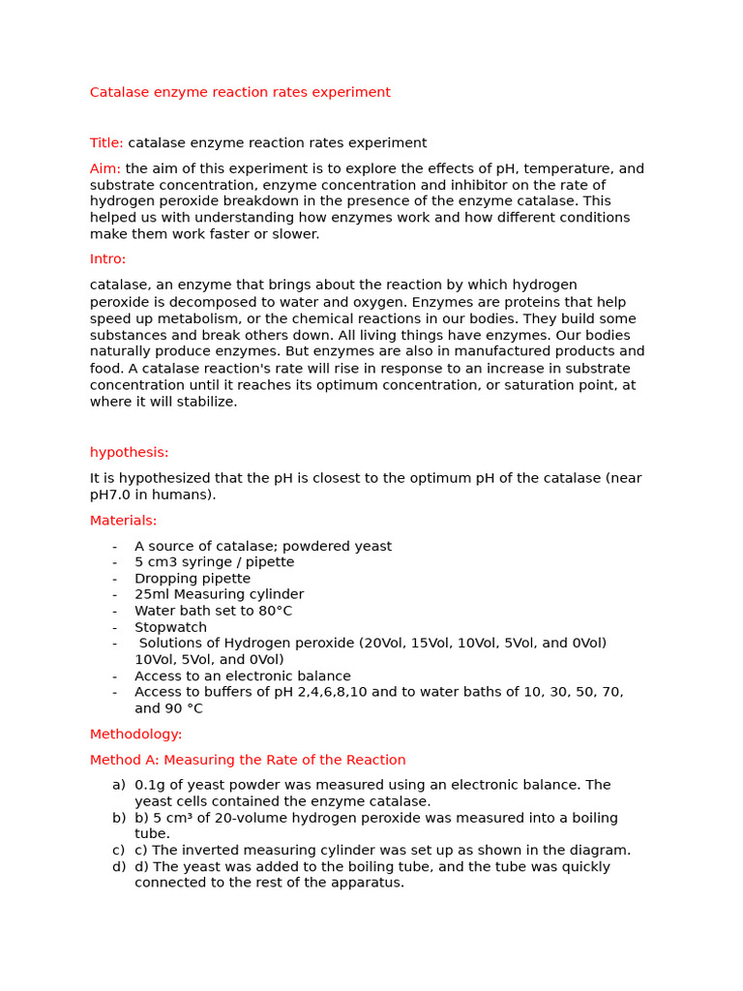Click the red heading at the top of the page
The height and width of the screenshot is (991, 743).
240,93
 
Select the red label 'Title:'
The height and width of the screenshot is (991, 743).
106,143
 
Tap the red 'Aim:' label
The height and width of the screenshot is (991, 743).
105,168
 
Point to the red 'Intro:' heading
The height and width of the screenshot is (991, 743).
107,259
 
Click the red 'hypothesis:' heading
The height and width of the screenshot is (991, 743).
129,452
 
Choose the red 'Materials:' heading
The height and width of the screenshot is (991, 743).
123,521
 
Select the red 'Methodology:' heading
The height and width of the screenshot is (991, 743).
135,735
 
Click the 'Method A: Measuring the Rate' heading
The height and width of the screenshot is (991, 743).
248,760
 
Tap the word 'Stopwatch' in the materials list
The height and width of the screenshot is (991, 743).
170,627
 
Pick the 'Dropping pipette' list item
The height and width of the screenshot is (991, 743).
193,579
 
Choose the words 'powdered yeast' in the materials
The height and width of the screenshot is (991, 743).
343,546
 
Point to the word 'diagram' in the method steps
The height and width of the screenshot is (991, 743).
600,850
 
